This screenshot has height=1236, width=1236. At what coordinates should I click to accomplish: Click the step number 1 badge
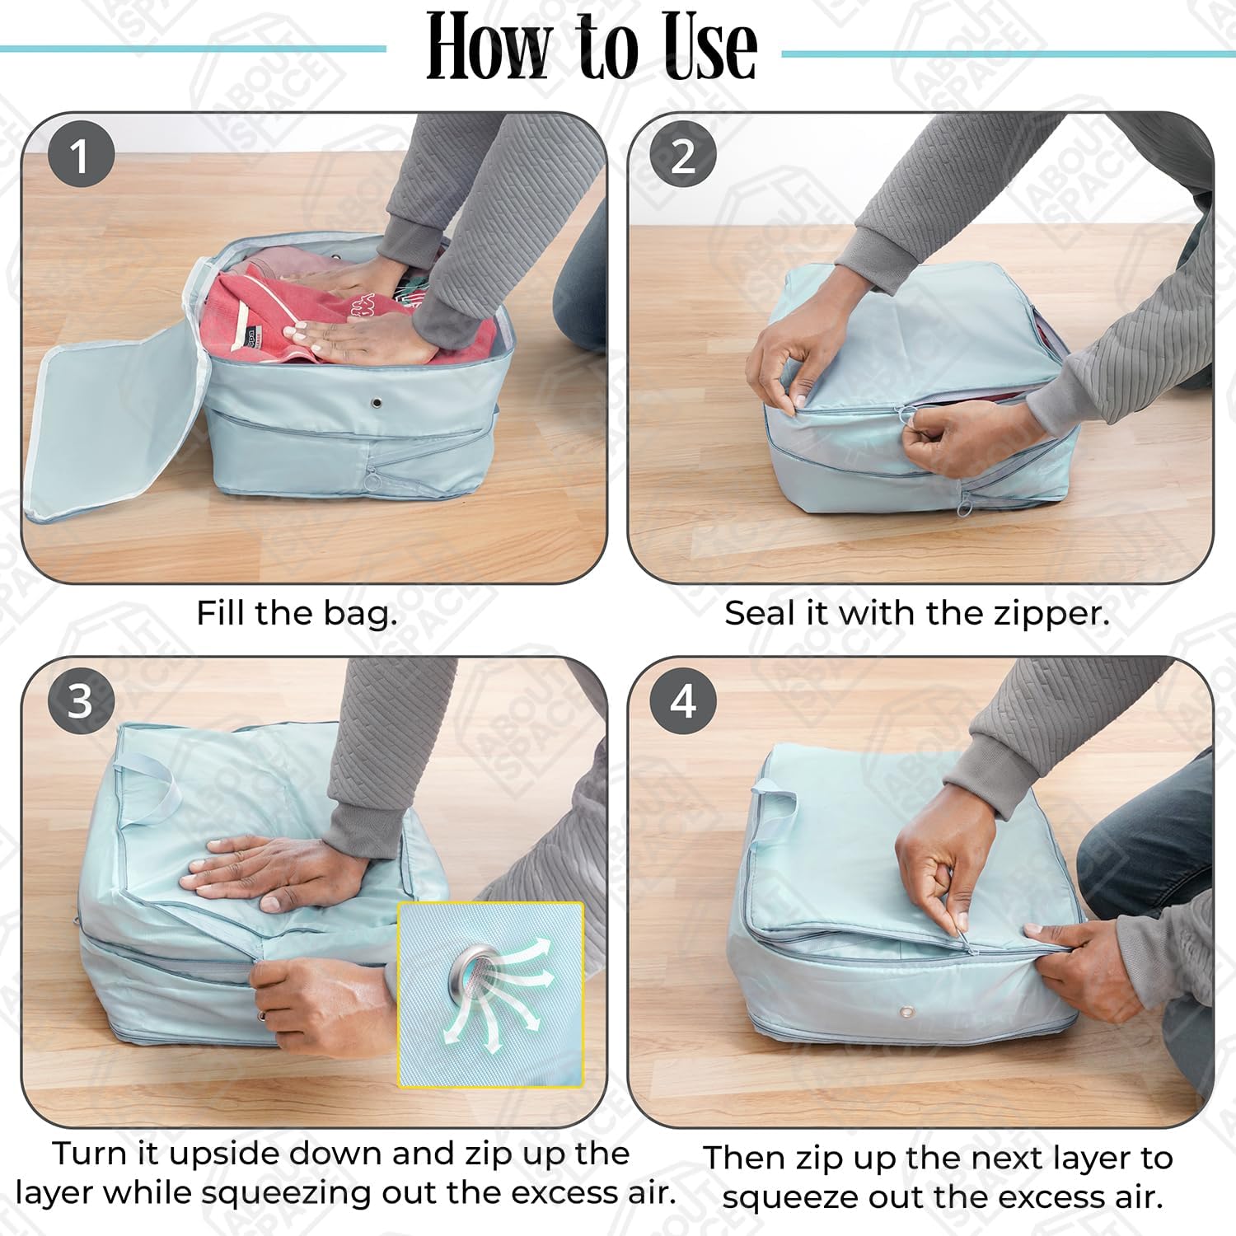pyautogui.click(x=80, y=154)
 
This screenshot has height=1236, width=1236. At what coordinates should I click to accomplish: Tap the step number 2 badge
pyautogui.click(x=683, y=154)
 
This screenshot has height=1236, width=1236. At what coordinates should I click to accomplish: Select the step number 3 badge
pyautogui.click(x=80, y=700)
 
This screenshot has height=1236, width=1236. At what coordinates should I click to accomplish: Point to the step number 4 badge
pyautogui.click(x=683, y=700)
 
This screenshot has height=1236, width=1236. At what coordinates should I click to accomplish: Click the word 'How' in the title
pyautogui.click(x=486, y=48)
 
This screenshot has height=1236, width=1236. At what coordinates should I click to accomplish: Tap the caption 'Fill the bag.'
pyautogui.click(x=297, y=613)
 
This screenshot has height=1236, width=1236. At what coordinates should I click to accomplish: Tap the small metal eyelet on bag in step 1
pyautogui.click(x=377, y=404)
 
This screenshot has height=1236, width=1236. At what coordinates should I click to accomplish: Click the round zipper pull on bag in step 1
pyautogui.click(x=372, y=477)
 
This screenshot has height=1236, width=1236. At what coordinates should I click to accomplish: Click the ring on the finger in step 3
pyautogui.click(x=262, y=1015)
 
